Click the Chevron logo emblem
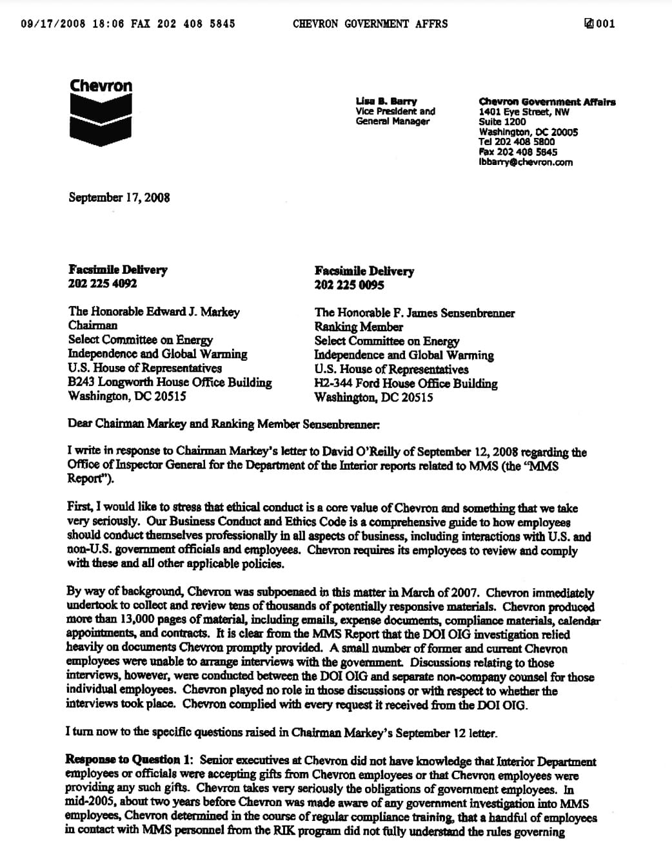click(101, 120)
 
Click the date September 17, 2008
click(119, 197)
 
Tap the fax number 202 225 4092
click(103, 284)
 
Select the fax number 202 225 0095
click(349, 285)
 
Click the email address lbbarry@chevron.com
click(526, 162)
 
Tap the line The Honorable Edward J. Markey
click(153, 312)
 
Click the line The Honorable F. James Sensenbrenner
click(414, 313)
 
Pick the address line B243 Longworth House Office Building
click(170, 383)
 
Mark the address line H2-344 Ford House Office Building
click(406, 384)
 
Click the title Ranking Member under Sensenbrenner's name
click(358, 327)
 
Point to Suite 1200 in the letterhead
click(502, 122)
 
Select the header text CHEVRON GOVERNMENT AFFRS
click(370, 24)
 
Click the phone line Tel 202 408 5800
click(516, 142)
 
